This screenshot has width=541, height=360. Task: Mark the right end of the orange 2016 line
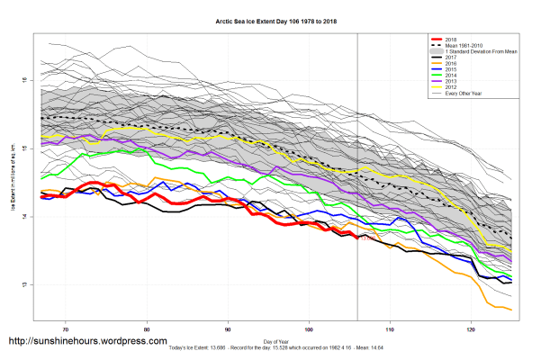[x=512, y=310]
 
